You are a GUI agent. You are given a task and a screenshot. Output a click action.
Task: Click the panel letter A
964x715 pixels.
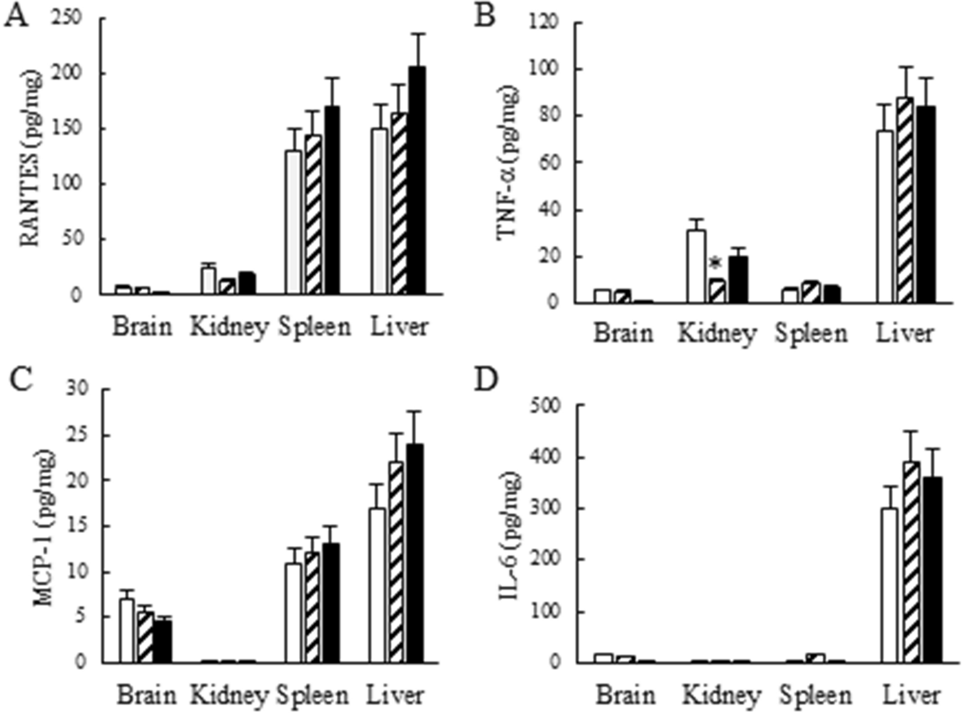(16, 16)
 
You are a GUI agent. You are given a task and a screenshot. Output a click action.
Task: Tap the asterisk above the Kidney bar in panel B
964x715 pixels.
(715, 263)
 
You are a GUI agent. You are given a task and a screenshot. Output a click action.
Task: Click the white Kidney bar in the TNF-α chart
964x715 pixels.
(696, 266)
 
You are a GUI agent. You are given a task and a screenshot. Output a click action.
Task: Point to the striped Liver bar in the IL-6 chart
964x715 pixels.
(911, 562)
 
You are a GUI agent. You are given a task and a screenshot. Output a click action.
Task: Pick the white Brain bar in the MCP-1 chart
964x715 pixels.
(126, 630)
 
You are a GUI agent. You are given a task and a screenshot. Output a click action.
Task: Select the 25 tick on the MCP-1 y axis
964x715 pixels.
(79, 435)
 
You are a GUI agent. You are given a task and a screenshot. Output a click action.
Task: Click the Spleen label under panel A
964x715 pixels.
(314, 327)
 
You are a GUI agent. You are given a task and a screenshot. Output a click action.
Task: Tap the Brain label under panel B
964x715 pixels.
(623, 333)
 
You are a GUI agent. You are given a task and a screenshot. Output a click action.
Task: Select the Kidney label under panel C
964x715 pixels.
(229, 696)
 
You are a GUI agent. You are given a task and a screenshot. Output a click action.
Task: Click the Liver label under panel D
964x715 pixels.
(911, 696)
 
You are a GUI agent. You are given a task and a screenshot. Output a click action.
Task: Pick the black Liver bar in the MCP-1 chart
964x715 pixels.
(414, 553)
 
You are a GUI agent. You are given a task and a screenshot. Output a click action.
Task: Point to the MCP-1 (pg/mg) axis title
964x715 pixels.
(44, 528)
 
